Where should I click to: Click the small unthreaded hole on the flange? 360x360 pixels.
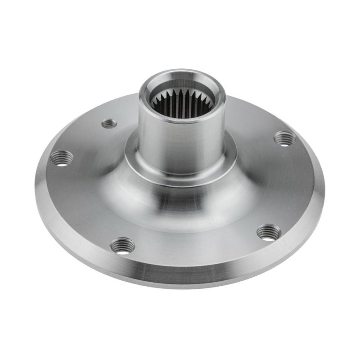point(109,123)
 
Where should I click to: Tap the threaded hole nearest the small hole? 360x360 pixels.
point(62,158)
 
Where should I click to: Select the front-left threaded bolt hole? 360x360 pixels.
point(122,246)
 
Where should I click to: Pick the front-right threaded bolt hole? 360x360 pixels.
point(269,232)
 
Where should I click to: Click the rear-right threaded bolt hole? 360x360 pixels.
point(285,138)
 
